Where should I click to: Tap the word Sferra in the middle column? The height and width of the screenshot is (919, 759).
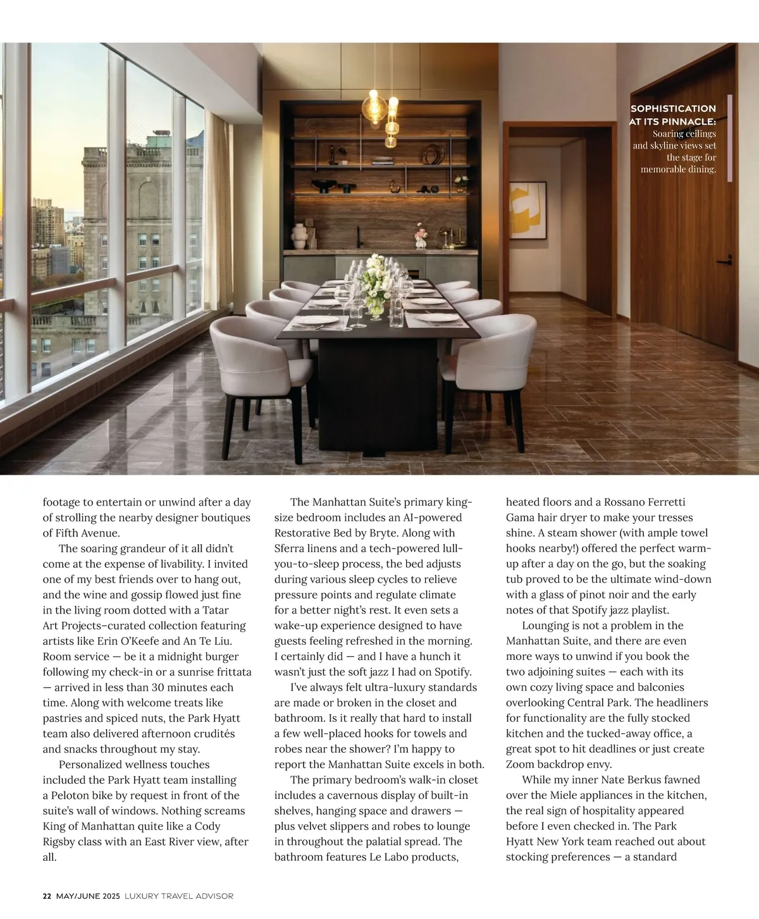pyautogui.click(x=290, y=549)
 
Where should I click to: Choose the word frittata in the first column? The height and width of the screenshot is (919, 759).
pyautogui.click(x=226, y=672)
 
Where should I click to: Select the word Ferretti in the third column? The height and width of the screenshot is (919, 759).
pyautogui.click(x=664, y=502)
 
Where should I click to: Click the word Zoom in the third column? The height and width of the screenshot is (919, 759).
pyautogui.click(x=520, y=764)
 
